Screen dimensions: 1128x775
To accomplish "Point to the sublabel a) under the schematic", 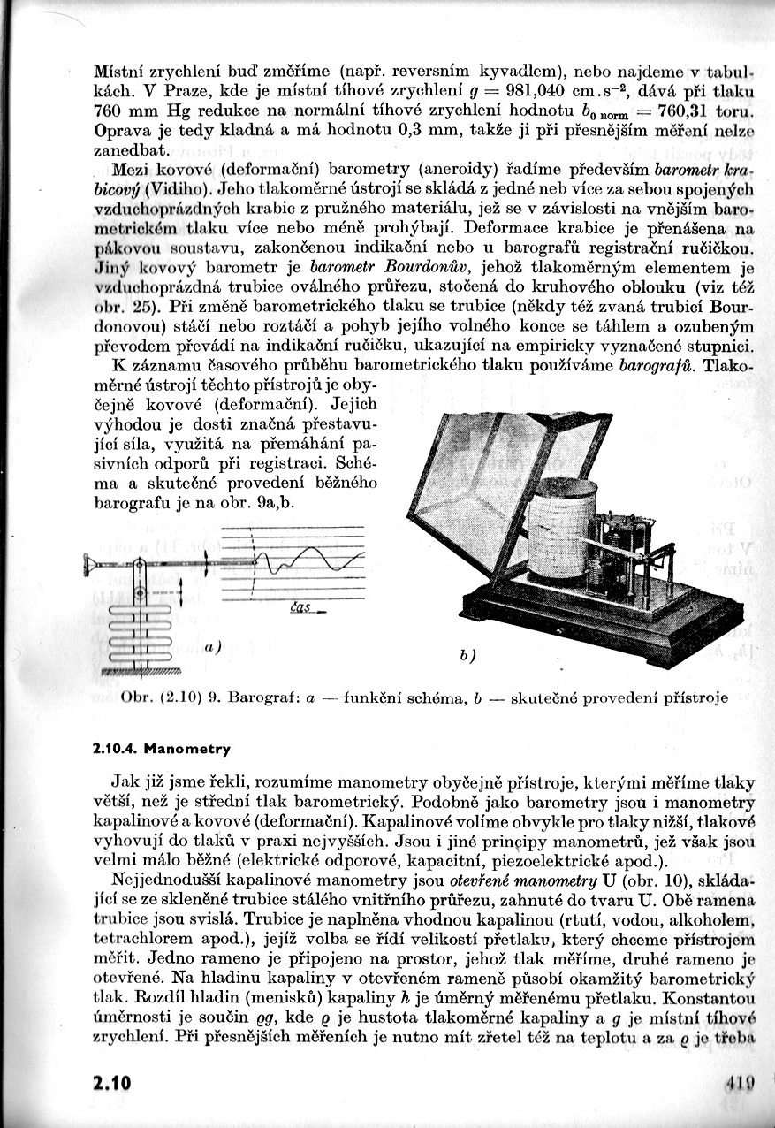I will [212, 647].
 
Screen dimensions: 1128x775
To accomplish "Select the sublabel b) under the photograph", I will [467, 656].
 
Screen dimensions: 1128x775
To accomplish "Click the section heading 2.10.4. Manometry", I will [161, 749].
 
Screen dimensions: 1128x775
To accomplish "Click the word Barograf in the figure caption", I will [256, 697].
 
